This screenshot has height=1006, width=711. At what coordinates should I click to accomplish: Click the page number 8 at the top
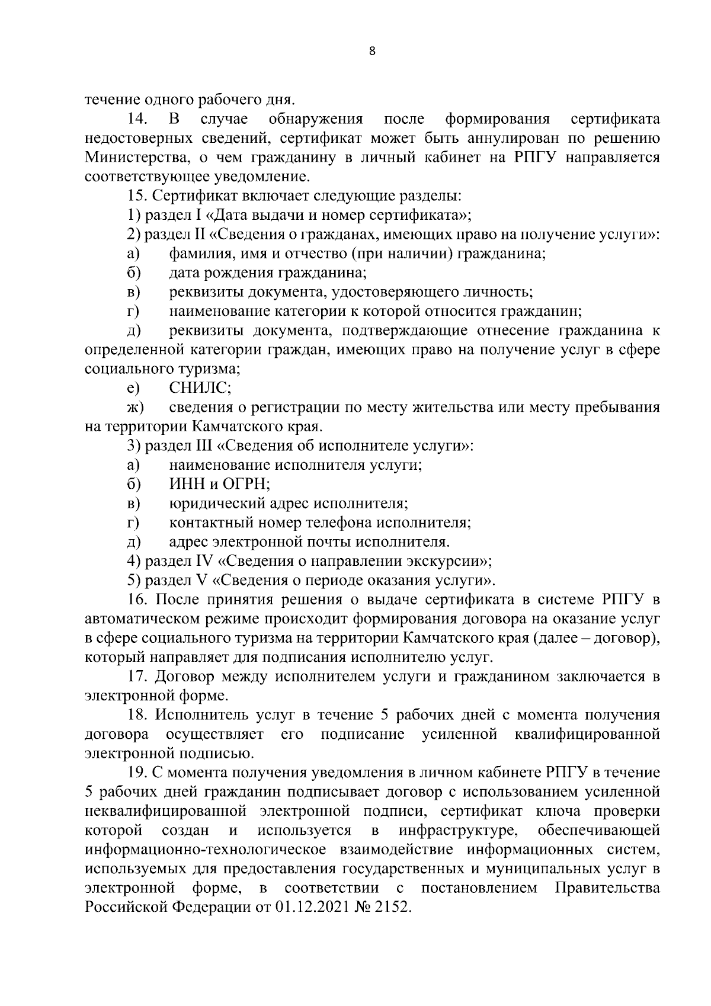click(x=371, y=52)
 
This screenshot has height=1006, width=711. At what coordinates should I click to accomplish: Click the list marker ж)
click(x=134, y=408)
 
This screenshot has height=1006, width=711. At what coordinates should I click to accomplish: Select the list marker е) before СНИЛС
click(x=133, y=388)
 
